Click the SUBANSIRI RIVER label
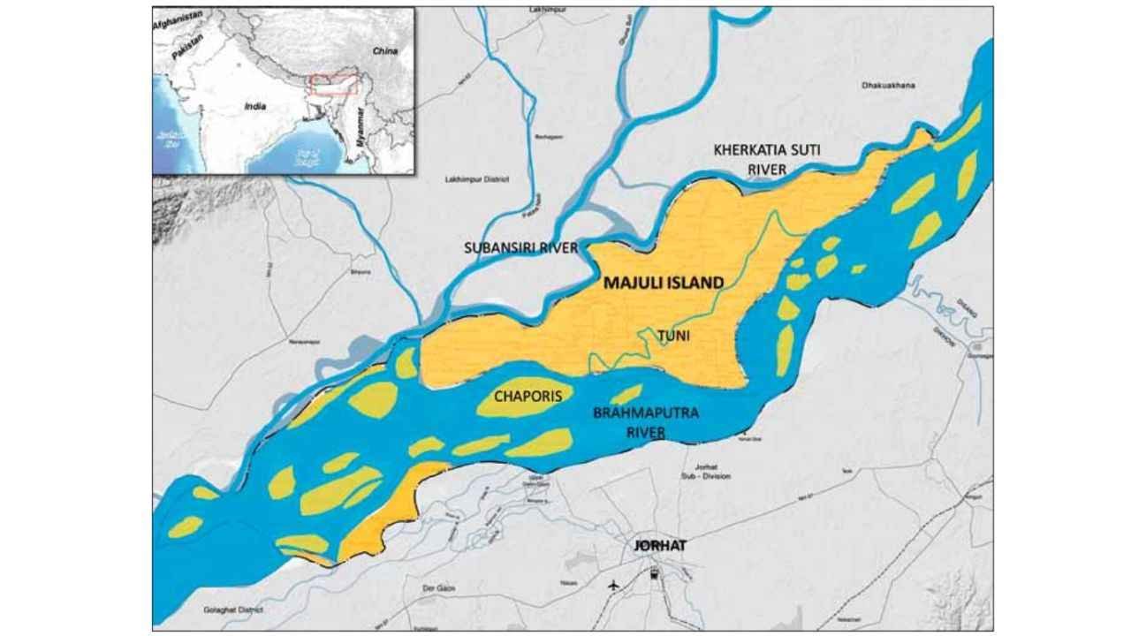[521, 248]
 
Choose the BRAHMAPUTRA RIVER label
[634, 422]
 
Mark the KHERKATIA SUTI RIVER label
[766, 159]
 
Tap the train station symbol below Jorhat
[655, 575]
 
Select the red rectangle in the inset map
[333, 85]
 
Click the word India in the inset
[254, 106]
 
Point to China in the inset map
[384, 52]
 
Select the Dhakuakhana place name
[888, 86]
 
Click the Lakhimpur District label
[477, 179]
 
